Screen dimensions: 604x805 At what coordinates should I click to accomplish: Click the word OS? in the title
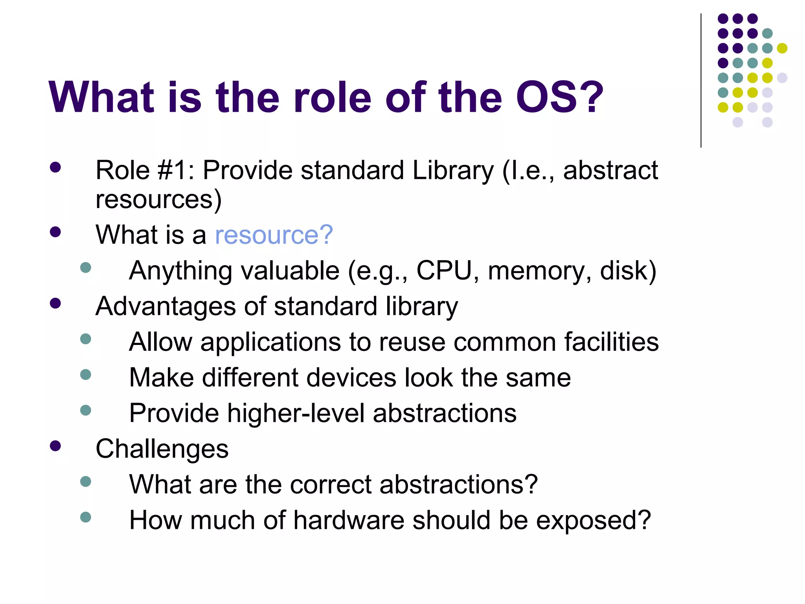pyautogui.click(x=559, y=97)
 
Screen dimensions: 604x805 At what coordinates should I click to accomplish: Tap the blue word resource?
pyautogui.click(x=274, y=235)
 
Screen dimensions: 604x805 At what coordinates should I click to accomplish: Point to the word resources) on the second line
pyautogui.click(x=158, y=200)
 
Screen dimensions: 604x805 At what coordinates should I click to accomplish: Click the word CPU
pyautogui.click(x=444, y=271)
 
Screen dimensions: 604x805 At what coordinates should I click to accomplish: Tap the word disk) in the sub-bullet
pyautogui.click(x=628, y=271)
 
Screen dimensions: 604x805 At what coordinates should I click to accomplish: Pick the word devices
pyautogui.click(x=351, y=377)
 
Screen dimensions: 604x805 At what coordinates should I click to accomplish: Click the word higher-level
pyautogui.click(x=296, y=413)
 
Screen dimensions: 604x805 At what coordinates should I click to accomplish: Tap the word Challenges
pyautogui.click(x=162, y=449)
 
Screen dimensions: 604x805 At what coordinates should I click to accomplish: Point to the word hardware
pyautogui.click(x=349, y=520)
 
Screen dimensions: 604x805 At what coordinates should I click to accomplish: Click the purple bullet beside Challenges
pyautogui.click(x=55, y=446)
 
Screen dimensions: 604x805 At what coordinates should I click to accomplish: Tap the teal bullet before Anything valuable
pyautogui.click(x=85, y=268)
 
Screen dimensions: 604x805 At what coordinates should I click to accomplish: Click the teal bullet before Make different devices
pyautogui.click(x=85, y=374)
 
